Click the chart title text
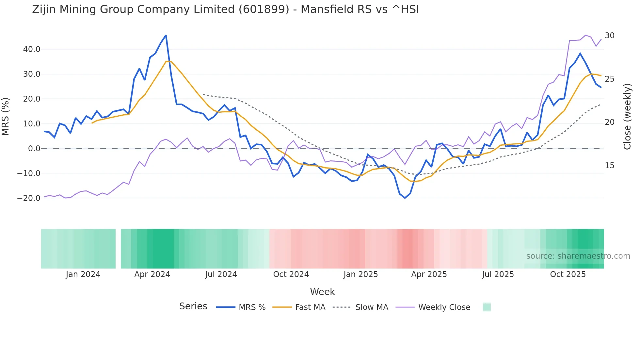225,9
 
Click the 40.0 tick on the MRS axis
32,49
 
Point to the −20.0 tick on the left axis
29,198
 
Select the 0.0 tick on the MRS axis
34,149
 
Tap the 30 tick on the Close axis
609,36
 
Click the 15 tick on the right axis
609,166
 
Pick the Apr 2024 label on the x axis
152,274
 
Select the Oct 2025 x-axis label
568,274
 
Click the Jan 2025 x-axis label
360,274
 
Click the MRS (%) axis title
6,117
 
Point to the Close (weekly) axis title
627,117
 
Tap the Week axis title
322,292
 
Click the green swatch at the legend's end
487,307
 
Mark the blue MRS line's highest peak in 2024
166,35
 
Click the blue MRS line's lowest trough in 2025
405,198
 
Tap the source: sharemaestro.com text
578,256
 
